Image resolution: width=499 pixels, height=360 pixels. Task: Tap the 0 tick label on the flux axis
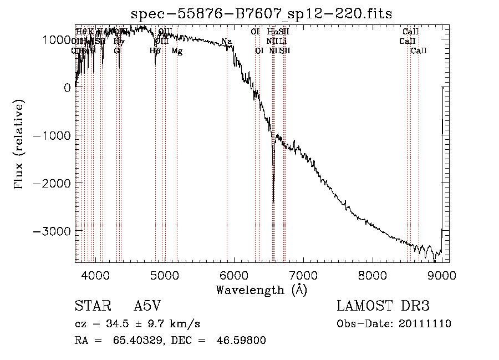pyautogui.click(x=66, y=88)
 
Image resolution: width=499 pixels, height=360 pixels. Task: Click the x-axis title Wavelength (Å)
pyautogui.click(x=261, y=290)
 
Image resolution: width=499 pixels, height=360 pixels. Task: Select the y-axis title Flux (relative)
pyautogui.click(x=20, y=145)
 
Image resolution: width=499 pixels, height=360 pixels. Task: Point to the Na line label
pyautogui.click(x=226, y=42)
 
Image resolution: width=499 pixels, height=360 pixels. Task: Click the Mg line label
pyautogui.click(x=177, y=51)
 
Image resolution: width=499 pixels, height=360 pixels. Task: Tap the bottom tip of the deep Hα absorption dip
pyautogui.click(x=273, y=201)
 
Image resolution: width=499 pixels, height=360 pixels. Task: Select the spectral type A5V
pyautogui.click(x=149, y=307)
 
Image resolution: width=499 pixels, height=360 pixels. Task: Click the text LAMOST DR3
pyautogui.click(x=383, y=307)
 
